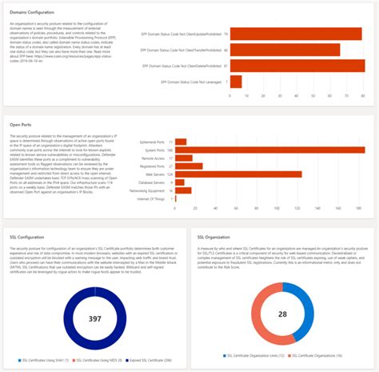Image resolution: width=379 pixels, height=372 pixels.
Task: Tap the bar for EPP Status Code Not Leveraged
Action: click(x=236, y=82)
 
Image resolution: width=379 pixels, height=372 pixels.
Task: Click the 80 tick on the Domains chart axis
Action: click(x=364, y=95)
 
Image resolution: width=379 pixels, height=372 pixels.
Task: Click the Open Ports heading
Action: click(x=21, y=125)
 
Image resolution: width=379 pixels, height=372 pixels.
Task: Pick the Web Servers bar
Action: click(x=238, y=174)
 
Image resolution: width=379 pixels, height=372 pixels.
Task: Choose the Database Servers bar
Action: click(x=180, y=182)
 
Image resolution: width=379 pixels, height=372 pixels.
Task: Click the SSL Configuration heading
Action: click(x=27, y=238)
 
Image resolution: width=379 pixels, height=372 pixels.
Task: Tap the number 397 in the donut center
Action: click(x=95, y=318)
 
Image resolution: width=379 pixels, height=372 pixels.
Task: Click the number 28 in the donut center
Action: click(x=282, y=314)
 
